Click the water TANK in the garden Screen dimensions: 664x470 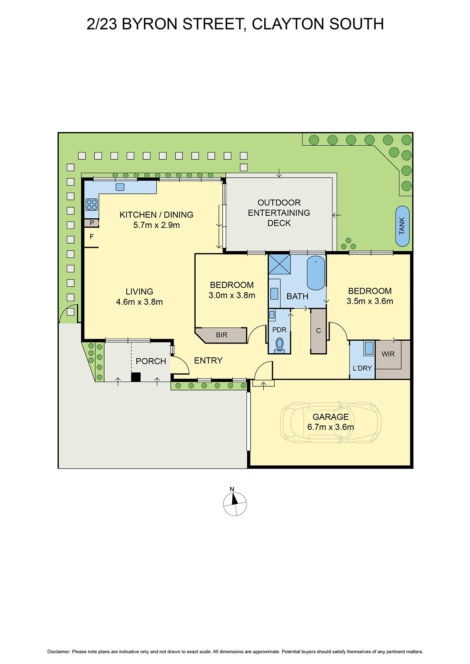402,226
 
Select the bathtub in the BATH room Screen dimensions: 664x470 316,273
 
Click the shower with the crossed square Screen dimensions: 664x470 279,264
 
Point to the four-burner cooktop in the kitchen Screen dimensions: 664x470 91,205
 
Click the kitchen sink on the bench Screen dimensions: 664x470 120,187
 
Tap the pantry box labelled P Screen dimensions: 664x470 91,223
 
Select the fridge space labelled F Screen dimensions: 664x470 91,237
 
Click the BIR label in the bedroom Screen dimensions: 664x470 221,335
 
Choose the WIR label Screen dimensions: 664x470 388,354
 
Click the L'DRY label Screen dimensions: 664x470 362,368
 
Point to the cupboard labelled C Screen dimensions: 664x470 318,331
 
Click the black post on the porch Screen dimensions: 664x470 135,377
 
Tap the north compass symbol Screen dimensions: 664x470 235,503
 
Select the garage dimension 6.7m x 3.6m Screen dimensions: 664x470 330,427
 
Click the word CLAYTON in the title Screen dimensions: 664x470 288,24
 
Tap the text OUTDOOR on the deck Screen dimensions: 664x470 279,203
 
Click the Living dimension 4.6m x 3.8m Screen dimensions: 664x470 139,302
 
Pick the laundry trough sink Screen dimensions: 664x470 369,348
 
